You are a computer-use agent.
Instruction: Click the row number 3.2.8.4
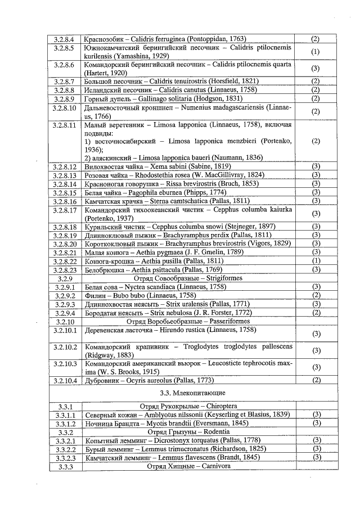(65, 39)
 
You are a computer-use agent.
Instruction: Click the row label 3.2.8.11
(65, 125)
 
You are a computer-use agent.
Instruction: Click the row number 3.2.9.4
(65, 313)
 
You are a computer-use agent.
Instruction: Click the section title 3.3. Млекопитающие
(193, 392)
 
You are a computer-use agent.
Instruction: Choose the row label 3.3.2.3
(65, 457)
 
